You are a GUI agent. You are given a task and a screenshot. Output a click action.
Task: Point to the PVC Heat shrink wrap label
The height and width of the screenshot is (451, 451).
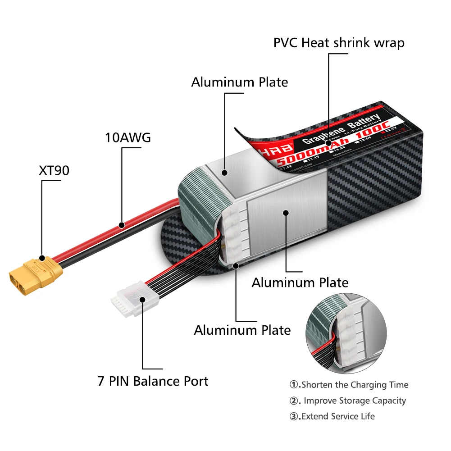point(339,43)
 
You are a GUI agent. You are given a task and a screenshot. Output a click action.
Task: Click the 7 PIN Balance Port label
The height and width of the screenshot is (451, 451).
point(153,381)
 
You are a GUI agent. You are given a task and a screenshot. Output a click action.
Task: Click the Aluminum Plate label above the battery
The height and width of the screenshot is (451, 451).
point(239,82)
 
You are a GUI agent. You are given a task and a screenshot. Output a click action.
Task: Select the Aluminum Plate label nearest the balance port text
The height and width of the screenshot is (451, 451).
point(242,330)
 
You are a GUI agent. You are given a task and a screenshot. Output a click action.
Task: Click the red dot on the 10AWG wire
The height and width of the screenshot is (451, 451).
point(121,224)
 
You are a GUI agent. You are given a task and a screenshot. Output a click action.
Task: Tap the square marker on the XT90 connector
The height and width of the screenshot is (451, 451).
point(41,259)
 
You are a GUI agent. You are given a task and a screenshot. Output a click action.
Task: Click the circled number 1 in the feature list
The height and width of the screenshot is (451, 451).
point(294,385)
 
